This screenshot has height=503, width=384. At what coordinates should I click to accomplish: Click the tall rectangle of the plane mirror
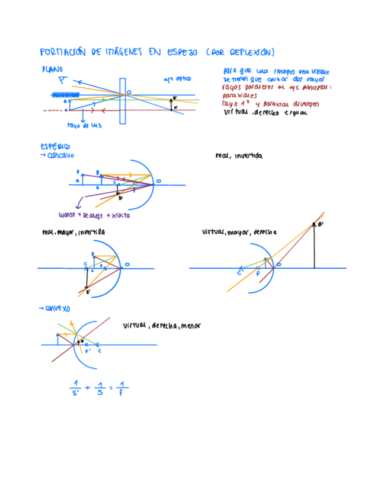click(x=123, y=101)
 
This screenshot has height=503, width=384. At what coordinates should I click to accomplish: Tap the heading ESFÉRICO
click(x=55, y=146)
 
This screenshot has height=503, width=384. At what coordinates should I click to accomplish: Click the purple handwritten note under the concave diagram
click(x=94, y=215)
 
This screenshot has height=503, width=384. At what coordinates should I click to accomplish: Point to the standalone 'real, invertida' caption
click(x=238, y=156)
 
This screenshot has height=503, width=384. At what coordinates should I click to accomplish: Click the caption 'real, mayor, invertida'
click(x=73, y=232)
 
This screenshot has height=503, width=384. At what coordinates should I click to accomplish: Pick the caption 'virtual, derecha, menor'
click(x=162, y=325)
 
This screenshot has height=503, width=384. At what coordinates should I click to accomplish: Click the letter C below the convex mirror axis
click(x=99, y=351)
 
